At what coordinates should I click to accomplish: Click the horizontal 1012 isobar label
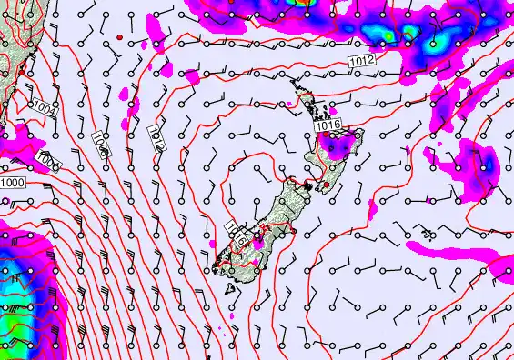[360, 60]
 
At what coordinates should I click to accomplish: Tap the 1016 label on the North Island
[328, 125]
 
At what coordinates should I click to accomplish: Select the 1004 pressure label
[42, 112]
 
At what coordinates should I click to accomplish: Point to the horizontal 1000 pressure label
[13, 184]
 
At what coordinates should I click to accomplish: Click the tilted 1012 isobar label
[156, 136]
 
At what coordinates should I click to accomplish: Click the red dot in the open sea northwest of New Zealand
[119, 36]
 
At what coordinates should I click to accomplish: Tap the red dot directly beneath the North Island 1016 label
[331, 136]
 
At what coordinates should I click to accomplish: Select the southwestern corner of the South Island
[217, 265]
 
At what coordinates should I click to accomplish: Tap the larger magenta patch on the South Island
[260, 240]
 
